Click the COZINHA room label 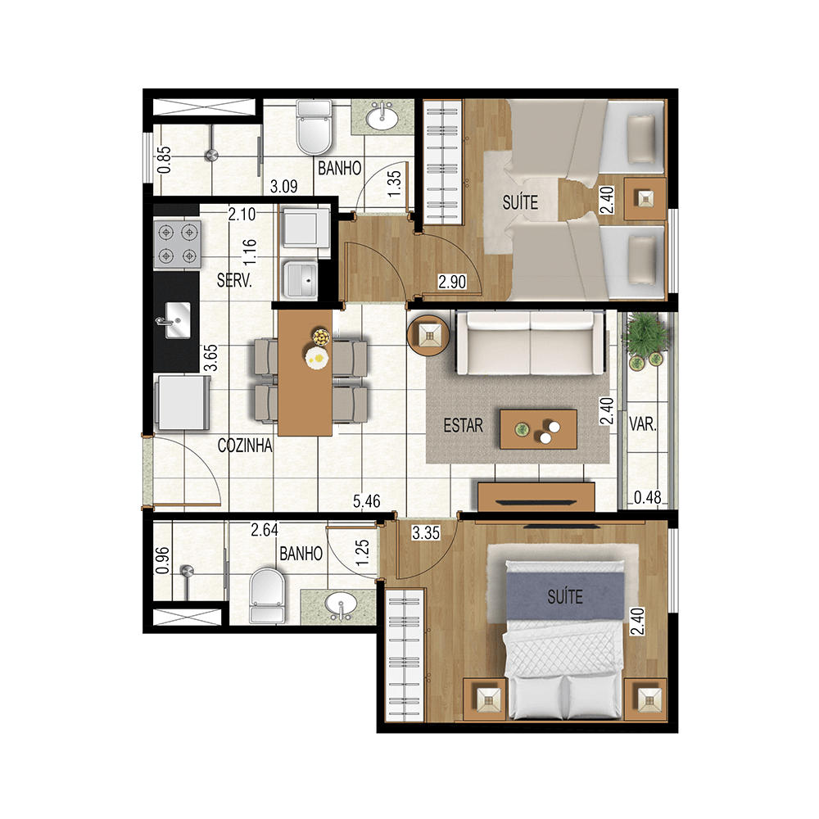click(245, 446)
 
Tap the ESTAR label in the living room click(463, 426)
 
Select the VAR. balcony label click(644, 425)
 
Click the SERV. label click(234, 280)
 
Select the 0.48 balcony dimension click(648, 496)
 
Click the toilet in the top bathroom click(313, 129)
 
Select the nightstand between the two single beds click(645, 198)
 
